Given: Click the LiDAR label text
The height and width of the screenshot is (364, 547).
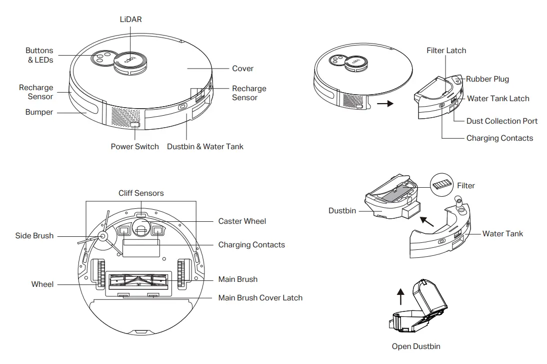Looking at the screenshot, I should point(130,19).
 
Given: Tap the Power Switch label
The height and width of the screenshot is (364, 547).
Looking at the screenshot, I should point(134,147).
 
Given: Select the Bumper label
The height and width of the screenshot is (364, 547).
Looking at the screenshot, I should point(39,112).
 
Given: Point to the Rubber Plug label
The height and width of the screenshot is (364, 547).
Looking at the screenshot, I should point(487,79).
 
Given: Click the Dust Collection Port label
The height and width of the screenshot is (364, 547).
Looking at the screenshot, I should point(501,121).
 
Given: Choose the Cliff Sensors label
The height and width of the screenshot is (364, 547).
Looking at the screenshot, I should point(141,193).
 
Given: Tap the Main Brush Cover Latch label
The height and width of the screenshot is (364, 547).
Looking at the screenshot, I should point(260,297).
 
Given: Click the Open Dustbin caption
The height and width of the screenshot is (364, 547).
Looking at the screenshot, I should point(416,346).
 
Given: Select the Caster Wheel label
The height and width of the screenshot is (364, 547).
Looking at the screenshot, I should point(242,221).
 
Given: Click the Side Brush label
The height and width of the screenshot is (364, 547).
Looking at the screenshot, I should point(34,236).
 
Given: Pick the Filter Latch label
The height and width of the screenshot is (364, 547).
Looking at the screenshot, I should point(446,51).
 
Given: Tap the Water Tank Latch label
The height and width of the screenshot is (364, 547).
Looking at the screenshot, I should point(497,99).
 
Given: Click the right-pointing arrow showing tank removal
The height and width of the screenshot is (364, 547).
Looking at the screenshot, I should point(384,104).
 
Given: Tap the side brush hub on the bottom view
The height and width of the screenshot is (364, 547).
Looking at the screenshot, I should point(103,235).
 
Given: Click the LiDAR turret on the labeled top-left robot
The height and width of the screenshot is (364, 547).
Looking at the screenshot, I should point(130,62).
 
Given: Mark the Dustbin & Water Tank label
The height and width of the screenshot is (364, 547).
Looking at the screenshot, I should point(205,147).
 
